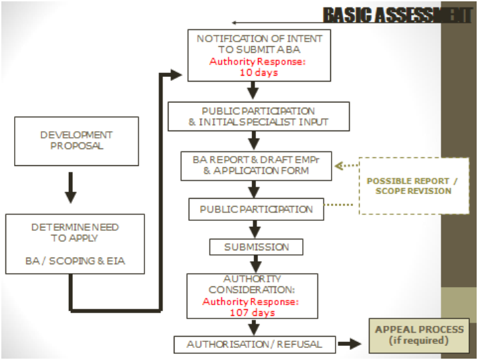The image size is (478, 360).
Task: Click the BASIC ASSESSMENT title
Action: (x=397, y=15)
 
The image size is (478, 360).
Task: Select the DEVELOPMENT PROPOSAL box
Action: (x=76, y=141)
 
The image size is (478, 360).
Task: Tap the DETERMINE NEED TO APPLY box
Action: (x=75, y=244)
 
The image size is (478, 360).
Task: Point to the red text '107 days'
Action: (x=252, y=312)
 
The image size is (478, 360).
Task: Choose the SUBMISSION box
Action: (x=256, y=247)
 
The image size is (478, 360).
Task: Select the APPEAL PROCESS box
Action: (x=419, y=335)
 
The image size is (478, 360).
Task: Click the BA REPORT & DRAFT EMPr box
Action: (x=256, y=166)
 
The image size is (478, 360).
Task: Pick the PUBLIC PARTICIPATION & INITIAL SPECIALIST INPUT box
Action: (x=258, y=116)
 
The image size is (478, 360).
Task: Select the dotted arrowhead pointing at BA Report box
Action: (x=338, y=165)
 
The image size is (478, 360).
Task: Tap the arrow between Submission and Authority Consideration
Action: (x=253, y=263)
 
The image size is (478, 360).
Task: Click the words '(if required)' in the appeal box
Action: (x=419, y=341)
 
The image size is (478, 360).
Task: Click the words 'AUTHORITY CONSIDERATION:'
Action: (x=252, y=284)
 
